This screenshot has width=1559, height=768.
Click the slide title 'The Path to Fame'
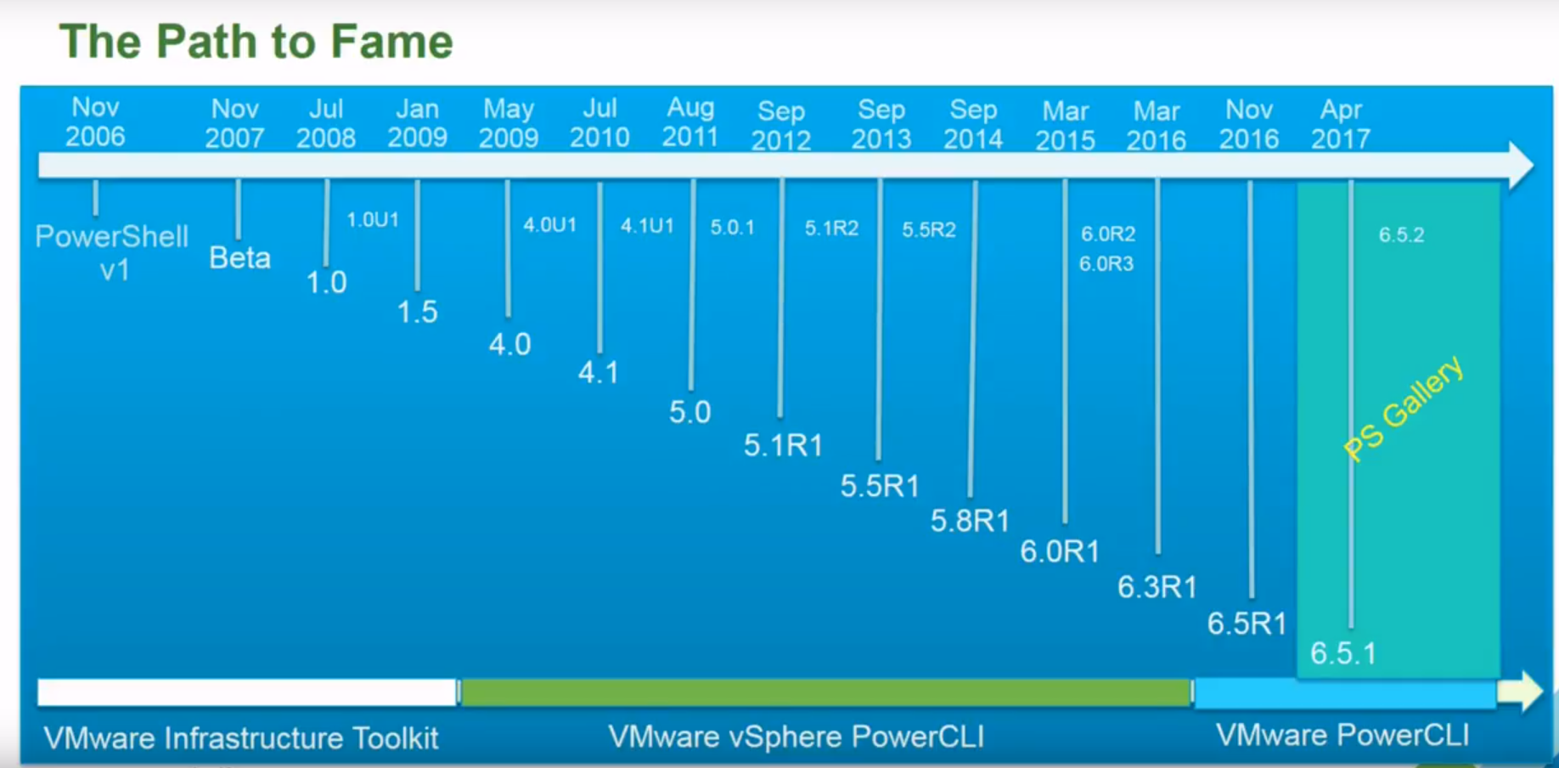(x=256, y=42)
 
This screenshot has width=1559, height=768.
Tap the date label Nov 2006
(x=95, y=121)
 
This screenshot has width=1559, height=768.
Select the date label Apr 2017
(x=1340, y=124)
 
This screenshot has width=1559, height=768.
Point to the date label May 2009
(x=508, y=123)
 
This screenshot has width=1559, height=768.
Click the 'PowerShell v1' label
(x=112, y=252)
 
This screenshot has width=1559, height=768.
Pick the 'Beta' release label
(x=239, y=257)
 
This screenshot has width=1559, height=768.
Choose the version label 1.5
(x=417, y=312)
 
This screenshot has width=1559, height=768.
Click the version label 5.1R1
(x=783, y=445)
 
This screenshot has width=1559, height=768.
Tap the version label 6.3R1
(x=1157, y=587)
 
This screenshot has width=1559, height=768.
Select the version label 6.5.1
(x=1342, y=653)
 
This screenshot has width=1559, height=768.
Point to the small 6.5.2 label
(x=1401, y=234)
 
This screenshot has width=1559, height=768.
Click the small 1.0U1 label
(x=373, y=220)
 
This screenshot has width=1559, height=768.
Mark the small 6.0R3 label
(x=1106, y=264)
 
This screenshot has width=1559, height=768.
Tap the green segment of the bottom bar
(x=825, y=692)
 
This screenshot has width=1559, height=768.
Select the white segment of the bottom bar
(x=247, y=692)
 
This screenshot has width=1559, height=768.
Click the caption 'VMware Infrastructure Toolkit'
(x=241, y=738)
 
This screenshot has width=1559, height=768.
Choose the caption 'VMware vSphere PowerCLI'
(x=796, y=737)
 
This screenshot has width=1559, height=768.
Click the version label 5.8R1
(x=970, y=521)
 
